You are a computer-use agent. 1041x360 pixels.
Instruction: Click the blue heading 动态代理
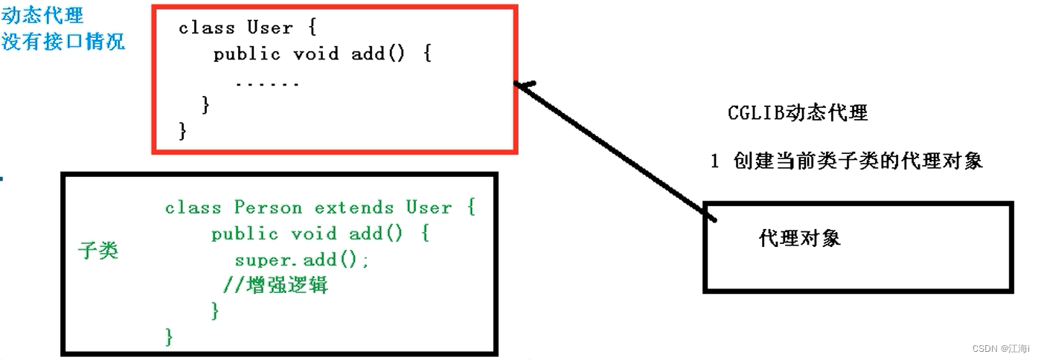[x=42, y=16]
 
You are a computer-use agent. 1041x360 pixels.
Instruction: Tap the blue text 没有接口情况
[x=63, y=41]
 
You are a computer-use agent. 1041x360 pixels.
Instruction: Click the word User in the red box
[x=269, y=28]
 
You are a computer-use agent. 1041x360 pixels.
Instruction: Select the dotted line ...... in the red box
[x=267, y=83]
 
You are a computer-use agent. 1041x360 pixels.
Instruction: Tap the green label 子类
[x=98, y=251]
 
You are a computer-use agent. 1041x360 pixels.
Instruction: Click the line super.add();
[x=301, y=260]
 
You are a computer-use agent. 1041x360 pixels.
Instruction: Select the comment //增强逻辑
[x=275, y=285]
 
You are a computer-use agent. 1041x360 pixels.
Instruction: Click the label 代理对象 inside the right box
[x=800, y=238]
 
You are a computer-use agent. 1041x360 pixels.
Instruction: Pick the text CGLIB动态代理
[x=798, y=113]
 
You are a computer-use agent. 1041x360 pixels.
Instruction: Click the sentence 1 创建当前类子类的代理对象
[x=846, y=161]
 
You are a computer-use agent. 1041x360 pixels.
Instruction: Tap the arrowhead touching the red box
[x=523, y=86]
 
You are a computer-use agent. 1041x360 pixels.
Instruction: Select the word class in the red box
[x=207, y=28]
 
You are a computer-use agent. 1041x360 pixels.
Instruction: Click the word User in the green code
[x=429, y=208]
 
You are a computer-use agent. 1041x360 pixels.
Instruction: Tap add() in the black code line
[x=378, y=54]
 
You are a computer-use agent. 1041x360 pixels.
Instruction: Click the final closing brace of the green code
[x=169, y=336]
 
